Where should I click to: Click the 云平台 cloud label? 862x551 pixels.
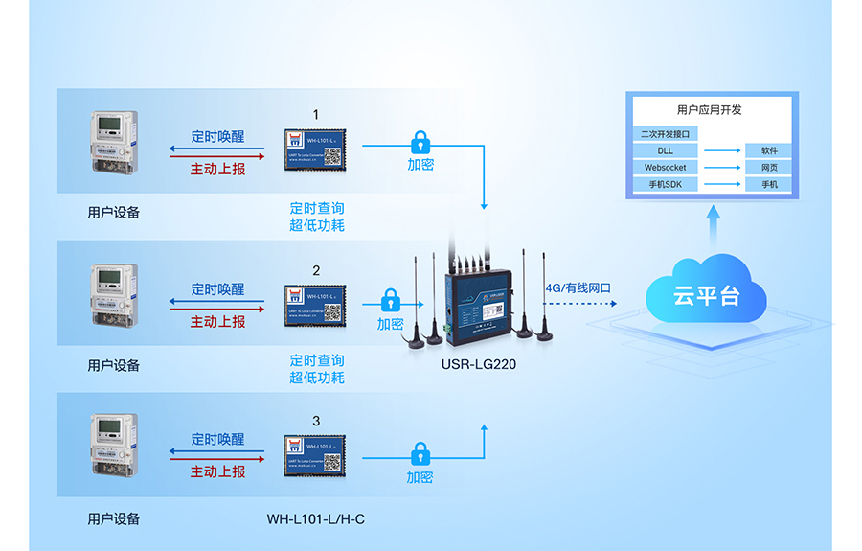point(706,295)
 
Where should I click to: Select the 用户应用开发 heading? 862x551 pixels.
point(709,110)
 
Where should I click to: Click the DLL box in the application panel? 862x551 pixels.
point(665,150)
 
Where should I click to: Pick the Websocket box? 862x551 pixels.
point(665,168)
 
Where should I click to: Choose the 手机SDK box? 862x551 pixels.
point(665,184)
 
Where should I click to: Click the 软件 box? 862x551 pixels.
point(769,150)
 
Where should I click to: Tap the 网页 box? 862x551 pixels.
point(769,168)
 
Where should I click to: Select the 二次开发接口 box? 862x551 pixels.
point(665,133)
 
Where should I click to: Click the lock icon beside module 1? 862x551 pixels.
point(420,143)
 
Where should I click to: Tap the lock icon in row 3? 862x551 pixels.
point(420,453)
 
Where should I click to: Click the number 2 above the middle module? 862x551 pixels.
point(316,270)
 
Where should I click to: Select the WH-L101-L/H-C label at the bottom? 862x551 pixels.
point(315,519)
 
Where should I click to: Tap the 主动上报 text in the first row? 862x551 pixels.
point(217,169)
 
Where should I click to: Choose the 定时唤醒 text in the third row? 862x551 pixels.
point(217,439)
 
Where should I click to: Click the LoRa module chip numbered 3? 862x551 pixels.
point(315,456)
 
